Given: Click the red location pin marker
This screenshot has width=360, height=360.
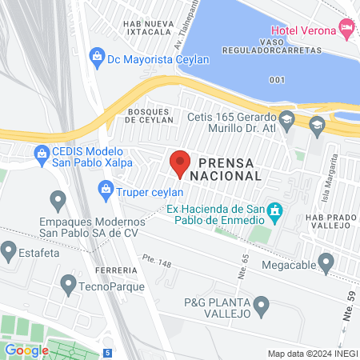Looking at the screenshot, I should (x=180, y=162).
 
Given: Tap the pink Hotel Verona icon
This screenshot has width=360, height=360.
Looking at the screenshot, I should (x=346, y=29).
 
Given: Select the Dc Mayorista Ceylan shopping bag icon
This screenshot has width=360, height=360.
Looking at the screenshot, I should (x=96, y=56).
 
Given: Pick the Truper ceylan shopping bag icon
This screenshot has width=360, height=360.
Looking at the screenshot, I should (x=104, y=190).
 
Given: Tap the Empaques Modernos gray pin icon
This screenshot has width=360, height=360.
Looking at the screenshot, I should (x=57, y=198).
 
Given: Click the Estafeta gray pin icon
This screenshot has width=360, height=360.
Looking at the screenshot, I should (x=10, y=252).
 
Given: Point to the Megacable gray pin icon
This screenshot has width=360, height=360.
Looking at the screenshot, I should (x=326, y=262).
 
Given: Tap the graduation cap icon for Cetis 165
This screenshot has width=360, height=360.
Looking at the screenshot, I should (x=318, y=126).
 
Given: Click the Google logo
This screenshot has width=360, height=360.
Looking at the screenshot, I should (x=26, y=350).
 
